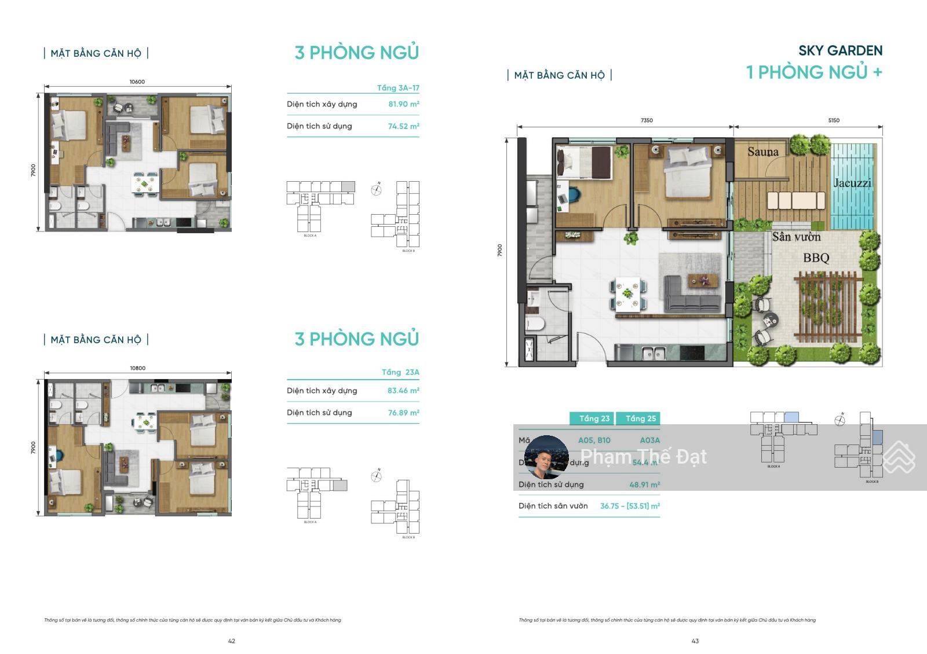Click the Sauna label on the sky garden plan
coord(762,152)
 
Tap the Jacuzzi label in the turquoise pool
coord(852,183)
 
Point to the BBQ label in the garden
coord(816,258)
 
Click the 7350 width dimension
coord(647,120)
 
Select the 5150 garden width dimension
coord(833,120)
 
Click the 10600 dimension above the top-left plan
coord(137,82)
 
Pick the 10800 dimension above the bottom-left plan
coord(137,368)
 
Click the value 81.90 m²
coord(403,104)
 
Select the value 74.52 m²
coord(403,126)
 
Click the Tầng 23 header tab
coord(594,418)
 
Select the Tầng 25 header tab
coord(640,418)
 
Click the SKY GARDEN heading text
coord(840,51)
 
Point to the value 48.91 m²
coord(644,484)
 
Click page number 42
coord(232,641)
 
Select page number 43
coord(695,641)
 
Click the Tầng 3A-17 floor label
coord(398,88)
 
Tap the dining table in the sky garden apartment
coord(628,293)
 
